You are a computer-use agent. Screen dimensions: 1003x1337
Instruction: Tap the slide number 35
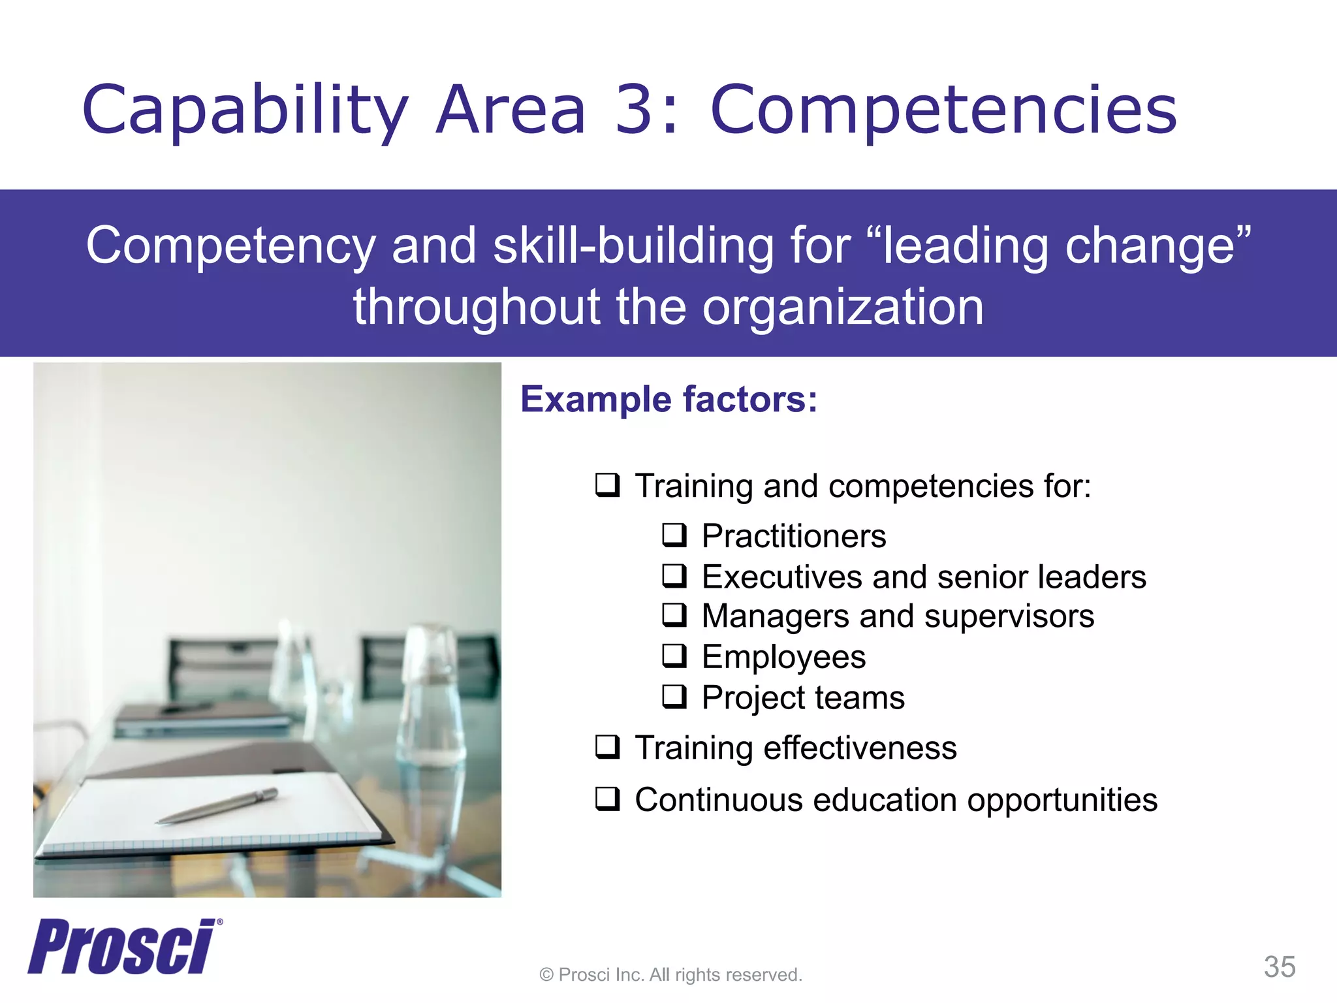click(1279, 966)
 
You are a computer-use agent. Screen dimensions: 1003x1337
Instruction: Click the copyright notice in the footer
click(670, 975)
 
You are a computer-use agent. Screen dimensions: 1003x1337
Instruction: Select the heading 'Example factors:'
click(668, 399)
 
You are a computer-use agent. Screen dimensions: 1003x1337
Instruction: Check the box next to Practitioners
click(674, 535)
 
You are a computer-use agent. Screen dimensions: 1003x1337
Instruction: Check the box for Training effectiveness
click(607, 746)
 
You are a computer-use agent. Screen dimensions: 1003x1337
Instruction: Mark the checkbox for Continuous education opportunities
click(607, 799)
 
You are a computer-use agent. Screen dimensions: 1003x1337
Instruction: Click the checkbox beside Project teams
click(674, 696)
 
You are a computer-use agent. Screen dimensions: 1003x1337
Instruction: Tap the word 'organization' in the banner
click(842, 307)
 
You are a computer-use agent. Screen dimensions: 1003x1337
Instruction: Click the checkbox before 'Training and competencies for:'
click(607, 485)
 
